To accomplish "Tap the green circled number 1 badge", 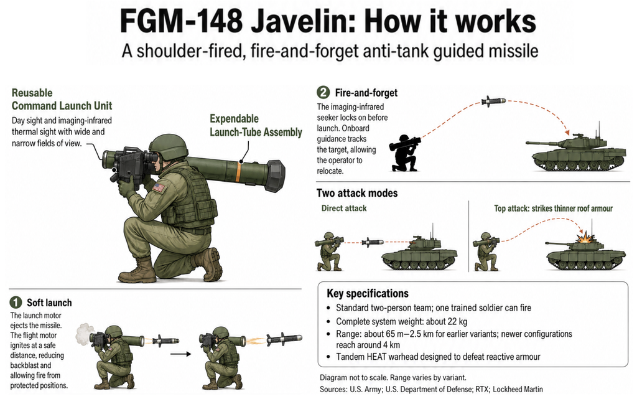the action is point(16,303).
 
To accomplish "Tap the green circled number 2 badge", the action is point(323,92).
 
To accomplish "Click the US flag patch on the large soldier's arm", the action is point(159,188).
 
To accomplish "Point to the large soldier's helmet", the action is point(169,146).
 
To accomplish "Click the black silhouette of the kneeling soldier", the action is point(404,153).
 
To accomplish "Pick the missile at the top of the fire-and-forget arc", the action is point(493,101).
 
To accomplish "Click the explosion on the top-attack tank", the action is point(585,237).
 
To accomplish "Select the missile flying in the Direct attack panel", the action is point(373,242).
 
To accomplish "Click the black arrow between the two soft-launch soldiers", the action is point(180,354).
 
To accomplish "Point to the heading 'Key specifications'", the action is point(368,293).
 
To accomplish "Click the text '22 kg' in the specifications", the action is point(457,321).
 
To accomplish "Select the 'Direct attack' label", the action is point(343,208).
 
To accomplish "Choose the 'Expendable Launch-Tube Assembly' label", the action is point(256,125).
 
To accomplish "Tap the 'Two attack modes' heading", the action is point(357,193).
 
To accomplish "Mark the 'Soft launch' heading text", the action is point(49,303).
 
